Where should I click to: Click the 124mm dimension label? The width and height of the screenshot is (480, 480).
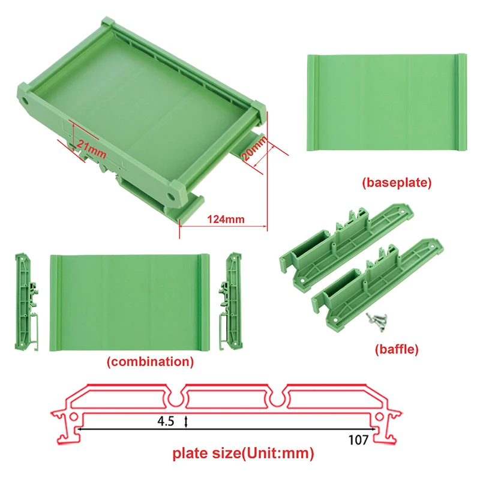pos(226,220)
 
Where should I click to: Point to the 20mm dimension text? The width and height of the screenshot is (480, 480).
pos(253,148)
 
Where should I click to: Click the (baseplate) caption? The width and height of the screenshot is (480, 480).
pos(397,183)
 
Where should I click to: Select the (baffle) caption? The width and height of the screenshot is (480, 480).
pos(396,349)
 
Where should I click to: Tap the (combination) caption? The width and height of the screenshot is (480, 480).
pos(150,362)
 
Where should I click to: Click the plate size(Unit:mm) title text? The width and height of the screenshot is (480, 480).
pos(243,454)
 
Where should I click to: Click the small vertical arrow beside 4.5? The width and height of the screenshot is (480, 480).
pos(187,422)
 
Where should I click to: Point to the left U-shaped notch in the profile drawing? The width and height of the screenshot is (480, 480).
pos(175,398)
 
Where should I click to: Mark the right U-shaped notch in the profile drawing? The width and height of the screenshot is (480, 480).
pos(277,398)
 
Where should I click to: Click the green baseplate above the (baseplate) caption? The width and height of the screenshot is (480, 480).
pos(386,103)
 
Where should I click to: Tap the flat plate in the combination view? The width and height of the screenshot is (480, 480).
pos(130,302)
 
